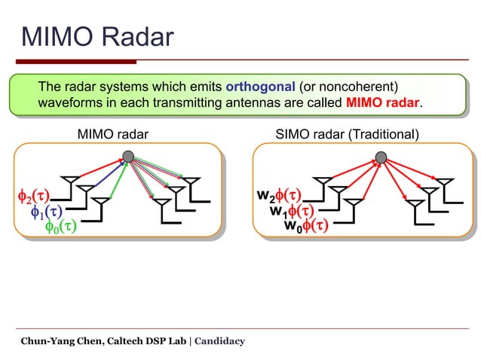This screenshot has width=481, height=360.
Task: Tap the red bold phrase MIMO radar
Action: coord(382,103)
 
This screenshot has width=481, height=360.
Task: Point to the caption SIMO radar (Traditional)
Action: coord(347,135)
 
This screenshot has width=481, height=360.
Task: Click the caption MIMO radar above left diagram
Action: coord(113,135)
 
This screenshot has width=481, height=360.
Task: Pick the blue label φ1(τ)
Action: coord(46,212)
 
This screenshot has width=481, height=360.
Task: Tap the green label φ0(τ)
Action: coord(61,226)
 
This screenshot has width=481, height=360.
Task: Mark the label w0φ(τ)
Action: coord(305,225)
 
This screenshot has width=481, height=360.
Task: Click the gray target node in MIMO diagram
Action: coord(129,157)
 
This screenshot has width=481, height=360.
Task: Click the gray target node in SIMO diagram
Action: coord(381,157)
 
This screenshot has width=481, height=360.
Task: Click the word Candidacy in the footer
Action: coord(220,341)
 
